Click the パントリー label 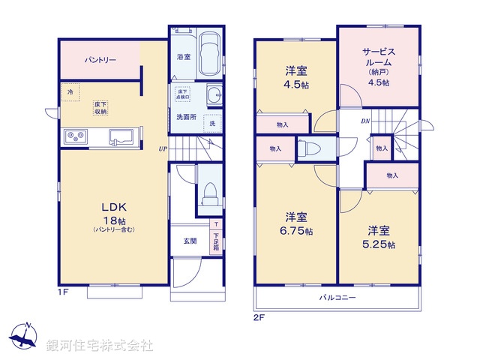coord(100,59)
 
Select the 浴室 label coord(183,56)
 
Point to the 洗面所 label coord(186,117)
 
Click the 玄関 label coord(190,241)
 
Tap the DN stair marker coord(365,121)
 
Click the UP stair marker coord(163,148)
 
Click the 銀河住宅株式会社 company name coord(98,346)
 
